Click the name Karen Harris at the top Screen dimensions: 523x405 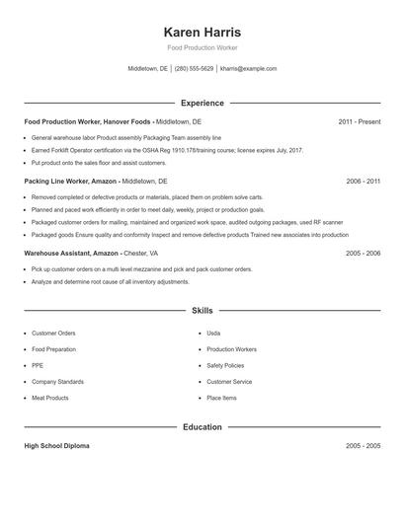click(x=202, y=32)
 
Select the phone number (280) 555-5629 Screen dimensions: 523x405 click(x=195, y=69)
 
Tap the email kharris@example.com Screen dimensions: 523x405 click(x=248, y=69)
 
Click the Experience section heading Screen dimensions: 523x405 click(x=202, y=103)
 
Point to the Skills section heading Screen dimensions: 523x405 click(x=202, y=310)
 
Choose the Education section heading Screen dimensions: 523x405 click(x=202, y=427)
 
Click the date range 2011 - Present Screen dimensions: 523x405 click(x=359, y=121)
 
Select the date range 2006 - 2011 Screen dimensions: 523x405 click(x=363, y=182)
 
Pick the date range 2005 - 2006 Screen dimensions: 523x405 click(x=363, y=253)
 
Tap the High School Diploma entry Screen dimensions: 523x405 click(x=56, y=446)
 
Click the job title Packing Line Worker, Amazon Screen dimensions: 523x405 click(x=69, y=182)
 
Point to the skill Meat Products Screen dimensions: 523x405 click(x=50, y=398)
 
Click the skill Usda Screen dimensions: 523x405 click(x=213, y=334)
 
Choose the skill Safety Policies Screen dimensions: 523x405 click(x=225, y=365)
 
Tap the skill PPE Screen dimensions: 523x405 click(x=38, y=365)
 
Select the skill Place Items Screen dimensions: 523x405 click(x=221, y=398)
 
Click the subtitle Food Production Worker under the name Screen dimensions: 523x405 click(x=202, y=47)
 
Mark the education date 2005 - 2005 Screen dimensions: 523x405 click(x=363, y=446)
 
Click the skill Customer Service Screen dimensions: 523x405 click(x=229, y=381)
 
